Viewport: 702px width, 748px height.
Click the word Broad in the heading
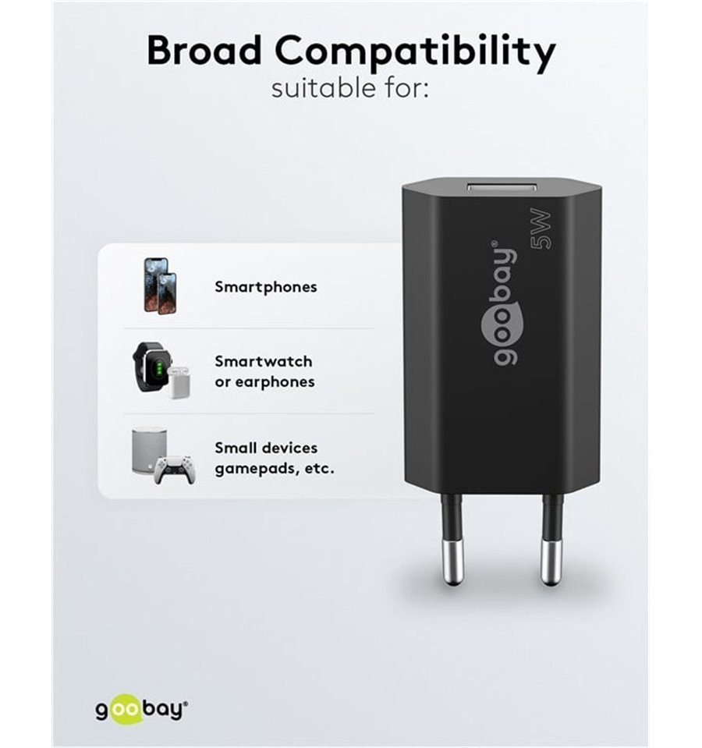click(204, 50)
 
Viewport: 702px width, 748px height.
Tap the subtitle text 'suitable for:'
click(350, 89)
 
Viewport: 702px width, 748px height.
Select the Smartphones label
click(266, 287)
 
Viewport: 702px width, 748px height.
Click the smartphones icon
click(160, 285)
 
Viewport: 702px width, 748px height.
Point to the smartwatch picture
click(151, 367)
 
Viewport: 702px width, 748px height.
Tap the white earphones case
click(179, 382)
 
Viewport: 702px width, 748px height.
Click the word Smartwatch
click(264, 361)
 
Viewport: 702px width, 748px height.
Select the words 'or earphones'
click(264, 382)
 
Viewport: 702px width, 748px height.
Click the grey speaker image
click(149, 451)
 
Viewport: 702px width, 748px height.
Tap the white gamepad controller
click(175, 470)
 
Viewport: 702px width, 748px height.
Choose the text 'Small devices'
click(266, 448)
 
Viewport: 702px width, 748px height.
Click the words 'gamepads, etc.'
click(275, 469)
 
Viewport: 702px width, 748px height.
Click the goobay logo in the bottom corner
click(142, 710)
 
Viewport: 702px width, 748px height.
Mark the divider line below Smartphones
click(249, 328)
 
